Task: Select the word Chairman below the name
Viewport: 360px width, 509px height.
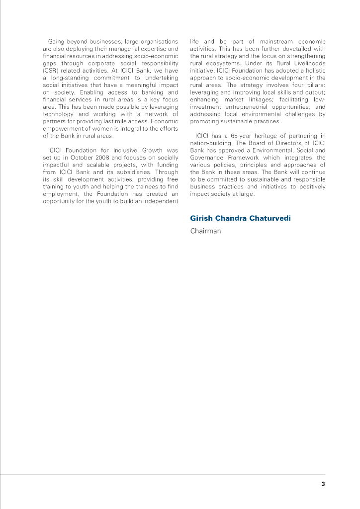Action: coord(205,231)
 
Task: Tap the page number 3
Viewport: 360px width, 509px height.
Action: coord(323,484)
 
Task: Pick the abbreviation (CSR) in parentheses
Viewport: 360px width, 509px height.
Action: coord(51,71)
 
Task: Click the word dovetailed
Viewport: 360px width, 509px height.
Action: coord(293,49)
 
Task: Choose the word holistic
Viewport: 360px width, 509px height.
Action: coord(314,71)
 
